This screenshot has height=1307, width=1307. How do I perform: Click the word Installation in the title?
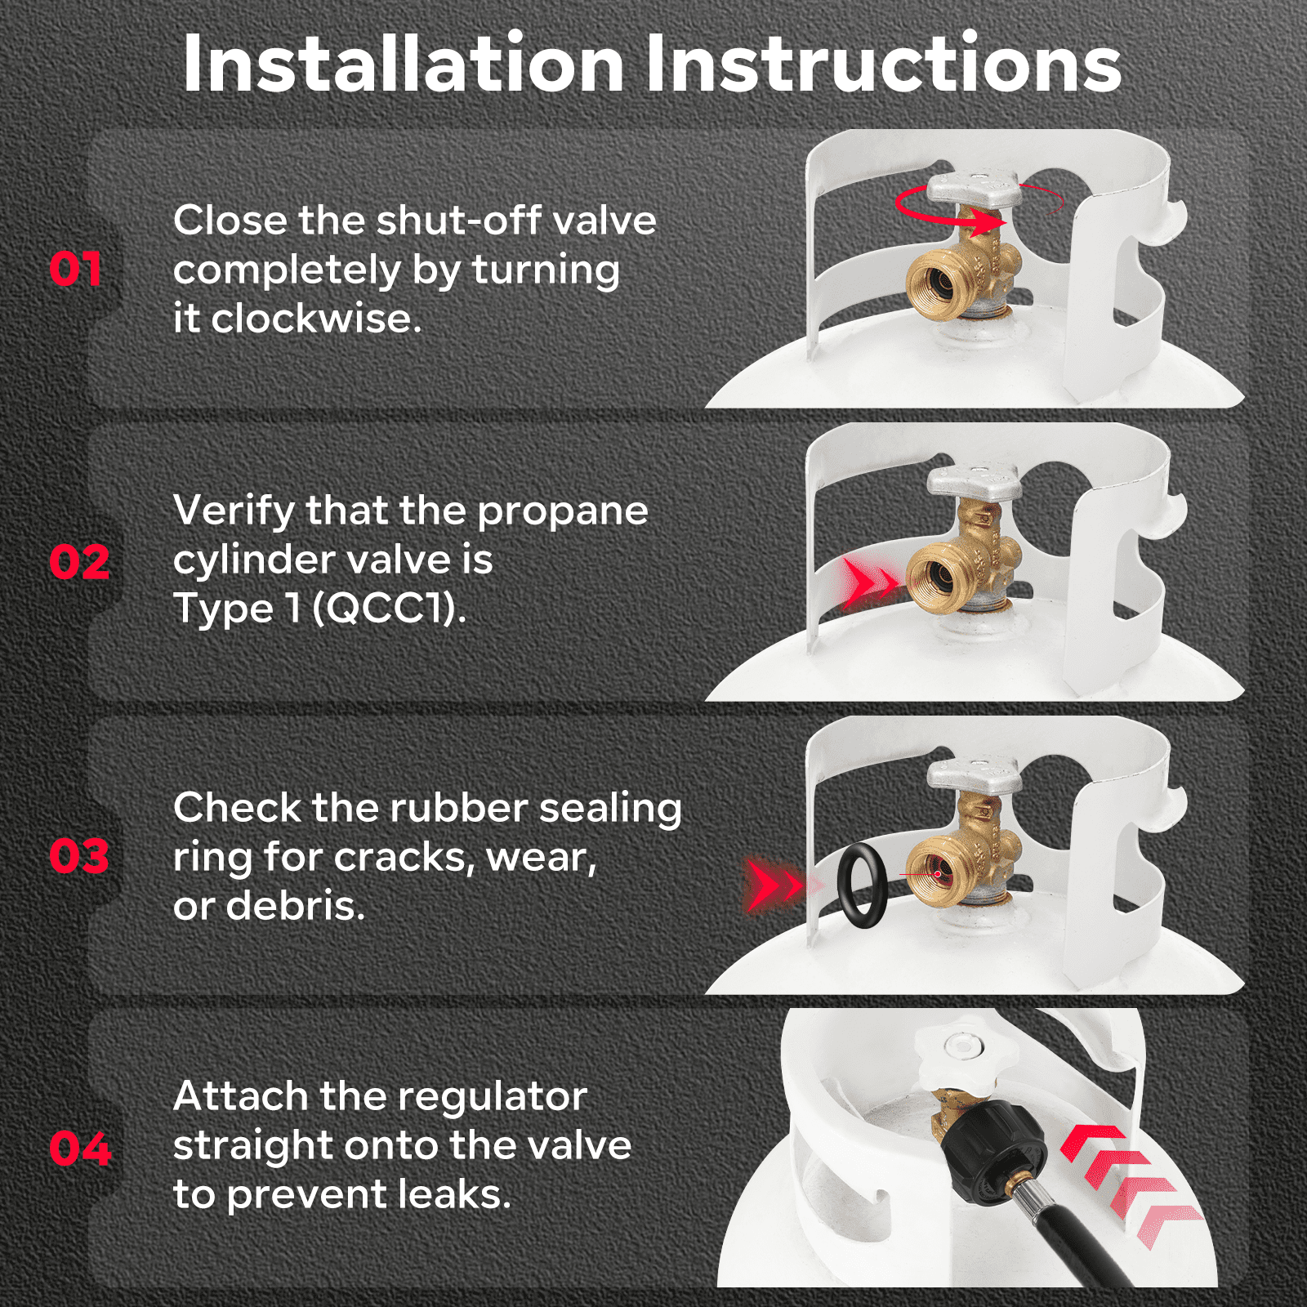(404, 64)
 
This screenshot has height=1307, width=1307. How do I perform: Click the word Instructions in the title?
(884, 64)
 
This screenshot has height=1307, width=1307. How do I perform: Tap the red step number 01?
(76, 270)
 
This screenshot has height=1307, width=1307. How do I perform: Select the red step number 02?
(79, 563)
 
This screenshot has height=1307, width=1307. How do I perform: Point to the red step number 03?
(79, 857)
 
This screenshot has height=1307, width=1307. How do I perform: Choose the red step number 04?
(80, 1149)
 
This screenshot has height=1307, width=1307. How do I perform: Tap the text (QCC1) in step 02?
(389, 609)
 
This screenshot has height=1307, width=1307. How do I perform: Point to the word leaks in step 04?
(449, 1194)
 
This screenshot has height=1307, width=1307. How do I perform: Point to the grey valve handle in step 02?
(974, 482)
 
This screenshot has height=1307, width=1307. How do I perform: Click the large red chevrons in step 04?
(1131, 1186)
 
